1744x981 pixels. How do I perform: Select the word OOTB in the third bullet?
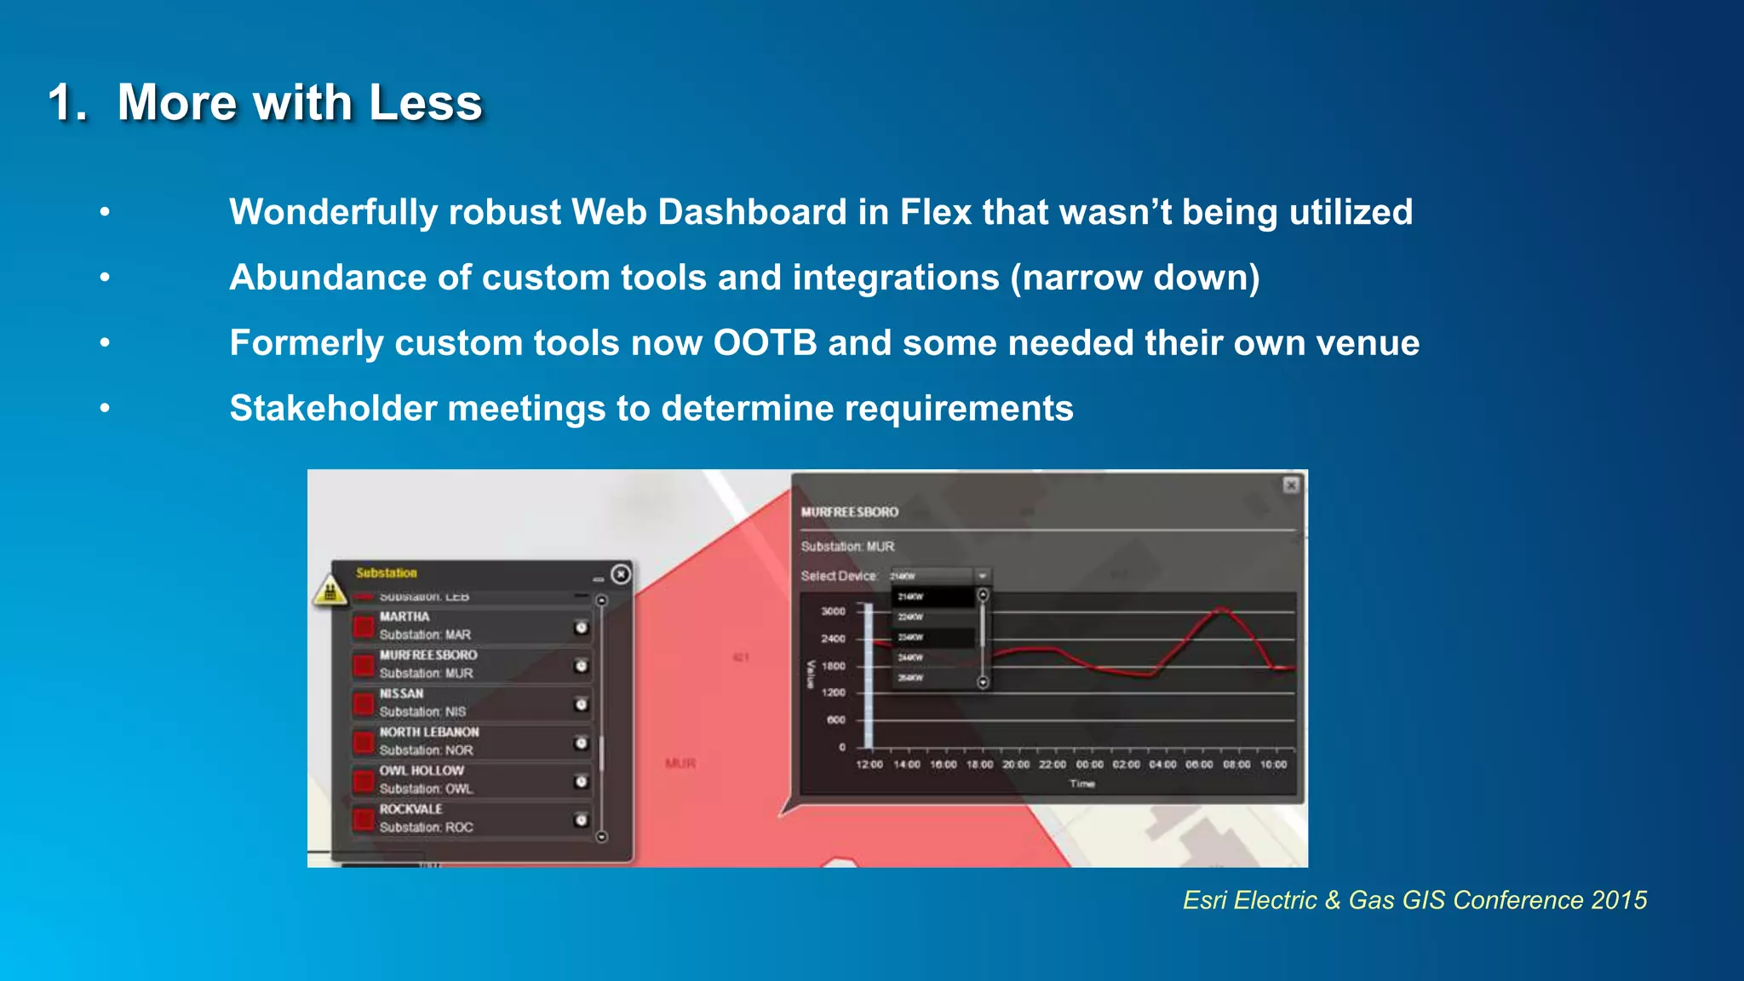coord(765,343)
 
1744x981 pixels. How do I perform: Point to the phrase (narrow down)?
coord(1135,278)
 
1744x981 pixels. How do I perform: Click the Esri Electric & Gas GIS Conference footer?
coord(1414,900)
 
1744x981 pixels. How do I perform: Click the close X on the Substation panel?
coord(621,574)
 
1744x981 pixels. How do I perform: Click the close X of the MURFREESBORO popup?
coord(1291,485)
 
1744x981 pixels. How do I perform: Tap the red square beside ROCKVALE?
coord(364,819)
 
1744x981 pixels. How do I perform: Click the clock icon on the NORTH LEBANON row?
coord(581,743)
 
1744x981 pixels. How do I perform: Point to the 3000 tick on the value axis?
coord(833,611)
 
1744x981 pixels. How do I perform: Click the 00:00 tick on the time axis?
coord(1089,765)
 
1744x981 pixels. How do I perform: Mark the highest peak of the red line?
coord(1222,608)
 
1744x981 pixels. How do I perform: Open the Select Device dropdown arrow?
coord(982,576)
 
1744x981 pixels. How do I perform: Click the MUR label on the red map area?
coord(680,764)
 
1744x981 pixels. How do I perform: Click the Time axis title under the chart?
coord(1082,783)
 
